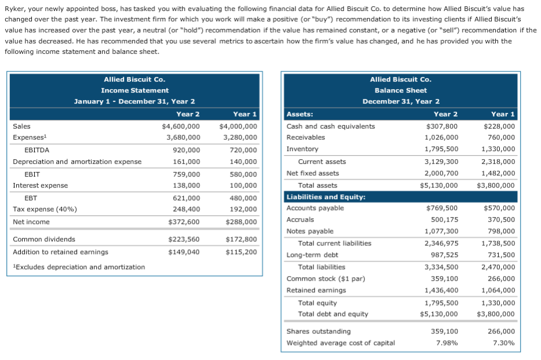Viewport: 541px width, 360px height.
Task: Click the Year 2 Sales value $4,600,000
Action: (x=181, y=126)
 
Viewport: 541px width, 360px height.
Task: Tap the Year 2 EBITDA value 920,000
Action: (x=187, y=150)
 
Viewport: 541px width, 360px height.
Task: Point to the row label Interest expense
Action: (x=40, y=185)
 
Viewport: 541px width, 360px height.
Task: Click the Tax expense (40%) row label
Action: (x=45, y=209)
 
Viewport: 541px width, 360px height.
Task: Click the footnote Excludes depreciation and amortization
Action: (x=79, y=267)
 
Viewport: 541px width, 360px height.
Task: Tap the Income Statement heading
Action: (x=134, y=90)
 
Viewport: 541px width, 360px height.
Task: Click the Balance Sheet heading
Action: (x=400, y=90)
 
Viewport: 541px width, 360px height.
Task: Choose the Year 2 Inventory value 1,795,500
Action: (x=441, y=149)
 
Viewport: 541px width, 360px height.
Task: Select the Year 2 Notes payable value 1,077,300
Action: (x=441, y=232)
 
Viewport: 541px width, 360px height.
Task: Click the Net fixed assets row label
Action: (x=313, y=173)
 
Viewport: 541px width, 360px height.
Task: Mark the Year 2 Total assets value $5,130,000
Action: (x=438, y=185)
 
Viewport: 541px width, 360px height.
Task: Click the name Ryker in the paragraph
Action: (x=14, y=9)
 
